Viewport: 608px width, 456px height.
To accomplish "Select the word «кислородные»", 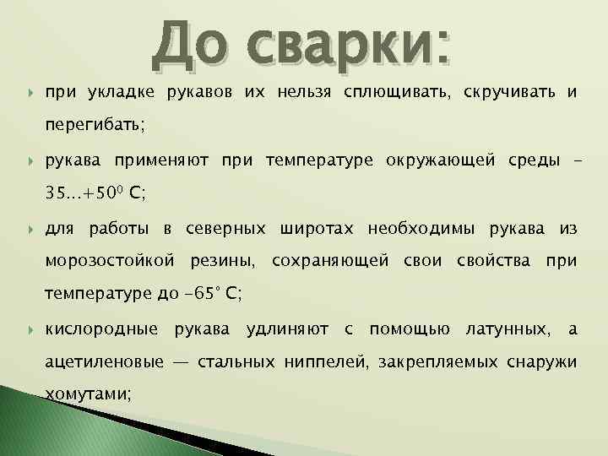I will (x=100, y=328).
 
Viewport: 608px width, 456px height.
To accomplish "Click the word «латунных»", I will (x=505, y=328).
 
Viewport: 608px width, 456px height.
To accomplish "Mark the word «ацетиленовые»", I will (x=104, y=362).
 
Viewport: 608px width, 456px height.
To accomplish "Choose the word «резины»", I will (x=224, y=261).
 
